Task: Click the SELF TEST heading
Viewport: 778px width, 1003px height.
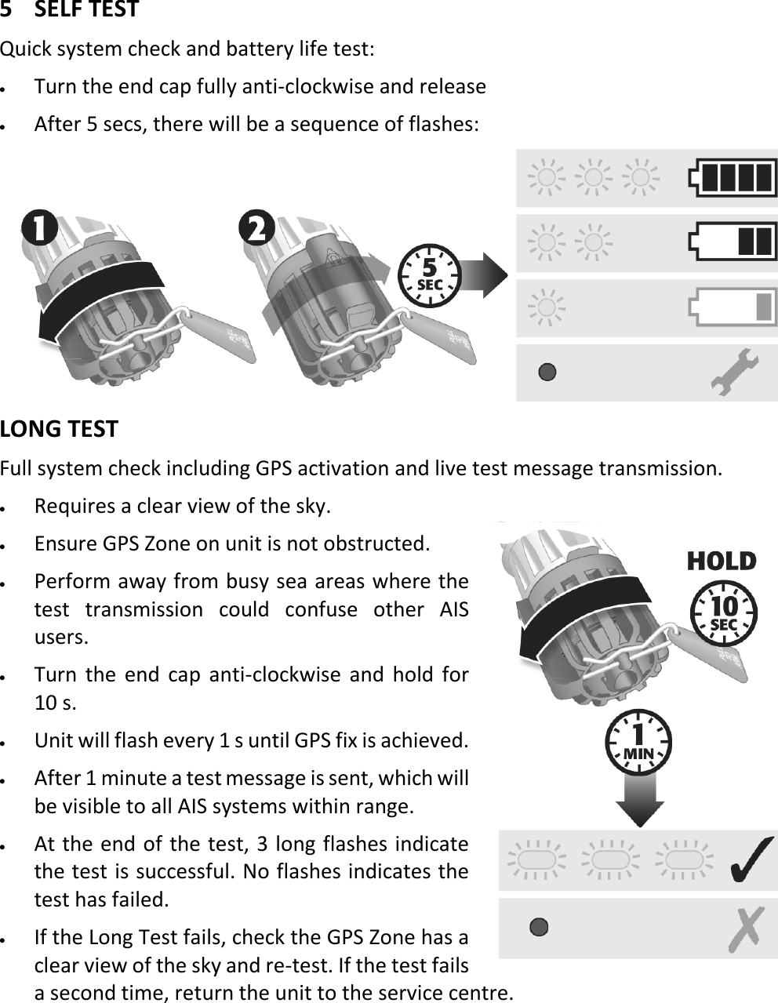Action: [x=71, y=10]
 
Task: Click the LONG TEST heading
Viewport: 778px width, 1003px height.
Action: [x=60, y=429]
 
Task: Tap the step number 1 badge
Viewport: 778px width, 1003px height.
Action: [x=39, y=231]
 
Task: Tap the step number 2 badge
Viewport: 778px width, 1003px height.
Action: [x=257, y=231]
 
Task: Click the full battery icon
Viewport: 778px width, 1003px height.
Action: [x=733, y=178]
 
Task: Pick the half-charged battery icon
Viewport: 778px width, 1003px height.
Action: [x=733, y=242]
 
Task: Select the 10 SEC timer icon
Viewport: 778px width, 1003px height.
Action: [x=723, y=615]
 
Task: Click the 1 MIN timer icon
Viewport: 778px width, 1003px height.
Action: [x=639, y=743]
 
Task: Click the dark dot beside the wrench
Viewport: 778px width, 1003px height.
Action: [x=547, y=372]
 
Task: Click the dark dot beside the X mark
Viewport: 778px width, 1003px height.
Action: [x=539, y=927]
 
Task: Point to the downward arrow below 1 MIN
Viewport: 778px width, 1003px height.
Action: [x=640, y=804]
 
